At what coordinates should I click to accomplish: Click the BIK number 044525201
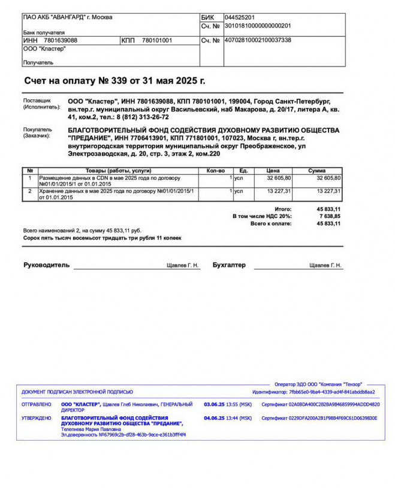click(239, 17)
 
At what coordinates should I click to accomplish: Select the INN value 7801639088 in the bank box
click(61, 40)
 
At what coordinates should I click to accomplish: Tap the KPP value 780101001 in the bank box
click(157, 40)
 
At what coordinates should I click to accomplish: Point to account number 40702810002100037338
click(257, 40)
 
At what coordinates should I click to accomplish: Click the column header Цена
click(273, 171)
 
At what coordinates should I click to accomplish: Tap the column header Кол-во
click(215, 171)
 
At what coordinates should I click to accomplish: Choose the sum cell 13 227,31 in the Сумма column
click(328, 191)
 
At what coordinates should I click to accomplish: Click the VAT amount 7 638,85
click(329, 216)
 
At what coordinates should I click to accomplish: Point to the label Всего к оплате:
click(271, 223)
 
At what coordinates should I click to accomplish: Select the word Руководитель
click(47, 265)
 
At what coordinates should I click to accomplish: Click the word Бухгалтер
click(229, 265)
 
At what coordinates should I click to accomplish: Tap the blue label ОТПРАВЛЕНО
click(37, 404)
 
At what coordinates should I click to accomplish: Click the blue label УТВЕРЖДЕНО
click(37, 418)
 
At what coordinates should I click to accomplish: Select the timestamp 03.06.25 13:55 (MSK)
click(228, 404)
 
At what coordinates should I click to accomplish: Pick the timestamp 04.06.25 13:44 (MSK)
click(228, 418)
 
